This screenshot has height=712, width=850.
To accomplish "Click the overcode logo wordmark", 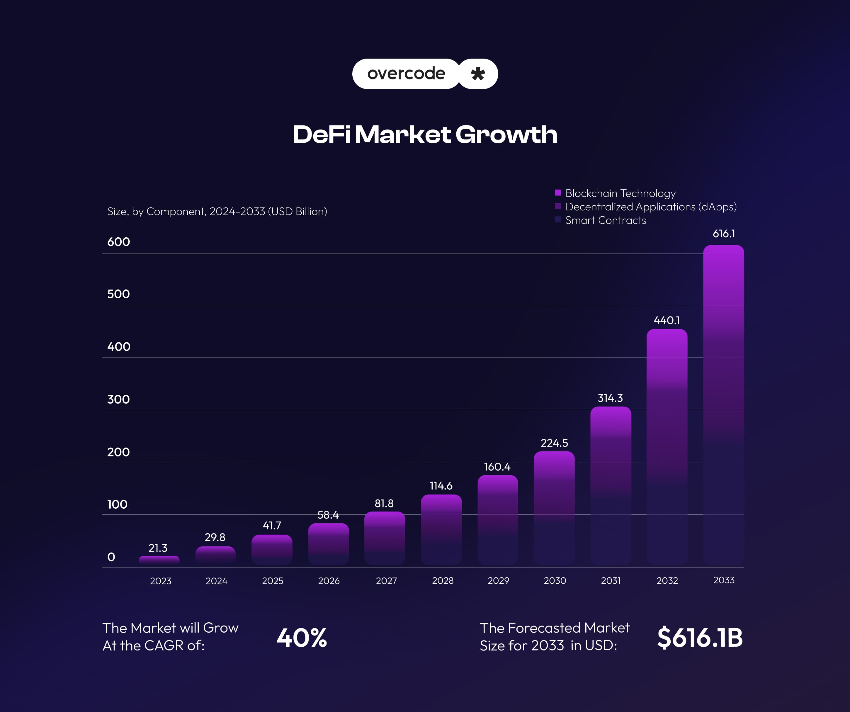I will tap(406, 74).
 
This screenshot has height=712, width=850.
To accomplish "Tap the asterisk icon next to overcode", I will tap(478, 74).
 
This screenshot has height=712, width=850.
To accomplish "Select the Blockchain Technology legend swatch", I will tap(558, 193).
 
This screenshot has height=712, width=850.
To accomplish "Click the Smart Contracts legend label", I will tap(606, 220).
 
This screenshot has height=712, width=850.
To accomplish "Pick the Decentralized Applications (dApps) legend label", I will tap(651, 207).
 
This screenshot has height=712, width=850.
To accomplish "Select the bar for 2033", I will tap(723, 405).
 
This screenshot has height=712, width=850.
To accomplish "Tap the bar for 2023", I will tap(159, 560).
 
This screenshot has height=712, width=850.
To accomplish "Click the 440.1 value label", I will tap(667, 321).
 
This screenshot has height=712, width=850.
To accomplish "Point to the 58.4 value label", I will tap(328, 515).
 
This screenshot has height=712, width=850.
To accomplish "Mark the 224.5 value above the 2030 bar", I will tap(554, 443).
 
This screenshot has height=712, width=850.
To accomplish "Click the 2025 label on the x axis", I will tap(272, 581).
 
